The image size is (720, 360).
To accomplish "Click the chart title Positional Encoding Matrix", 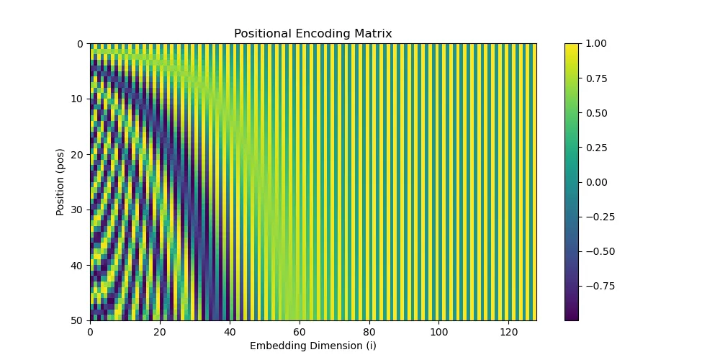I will pos(312,34).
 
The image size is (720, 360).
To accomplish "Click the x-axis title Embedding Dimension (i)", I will pos(312,346).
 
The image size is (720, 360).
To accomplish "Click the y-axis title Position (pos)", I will pos(60,181).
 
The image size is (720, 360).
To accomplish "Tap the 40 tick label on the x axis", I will pos(230,333).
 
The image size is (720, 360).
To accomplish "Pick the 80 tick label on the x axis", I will pos(369,333).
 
